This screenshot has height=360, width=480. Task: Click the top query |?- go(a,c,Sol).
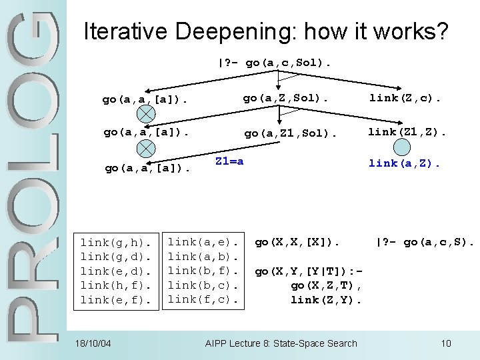(273, 63)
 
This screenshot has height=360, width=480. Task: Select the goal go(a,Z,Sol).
(285, 98)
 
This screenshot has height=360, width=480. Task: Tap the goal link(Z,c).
(405, 98)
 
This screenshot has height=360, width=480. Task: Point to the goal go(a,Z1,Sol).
(291, 133)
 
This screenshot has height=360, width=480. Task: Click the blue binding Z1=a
(229, 161)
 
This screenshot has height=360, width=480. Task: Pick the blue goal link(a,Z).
(405, 163)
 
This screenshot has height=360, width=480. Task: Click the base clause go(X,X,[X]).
(297, 242)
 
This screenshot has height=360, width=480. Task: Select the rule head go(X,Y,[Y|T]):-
(309, 271)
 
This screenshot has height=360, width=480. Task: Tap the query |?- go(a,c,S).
(425, 242)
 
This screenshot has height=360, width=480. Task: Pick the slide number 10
(446, 343)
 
